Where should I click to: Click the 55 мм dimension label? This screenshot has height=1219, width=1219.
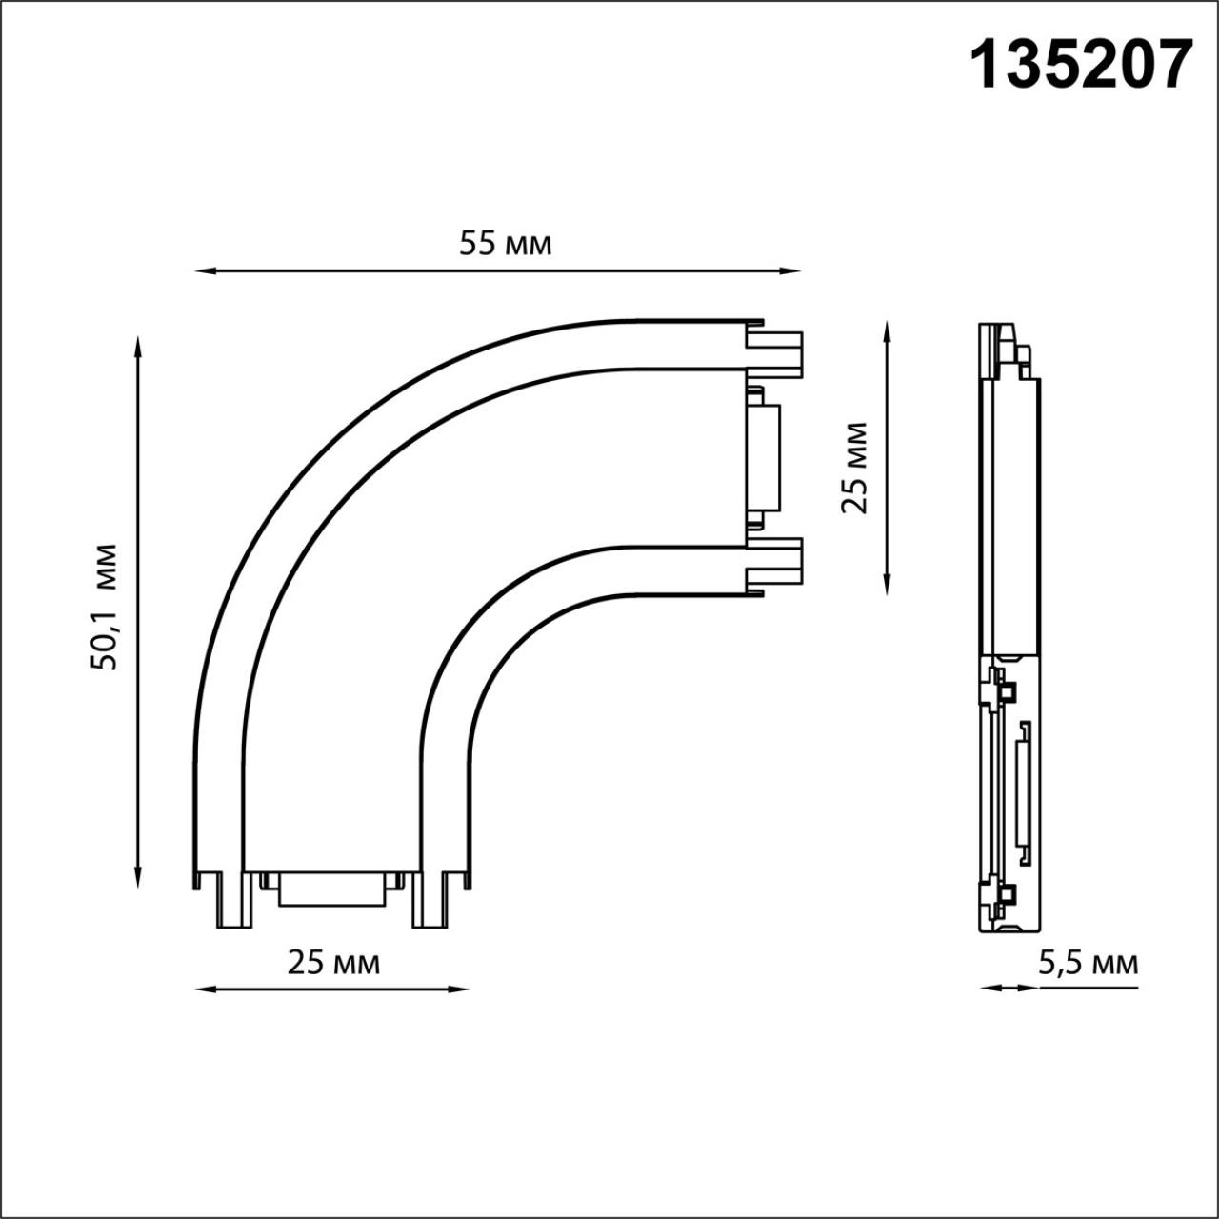coord(506,244)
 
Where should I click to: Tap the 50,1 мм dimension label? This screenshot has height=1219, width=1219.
coord(103,608)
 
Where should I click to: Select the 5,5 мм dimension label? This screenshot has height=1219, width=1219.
coord(1089,964)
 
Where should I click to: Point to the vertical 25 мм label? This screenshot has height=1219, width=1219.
coord(853,468)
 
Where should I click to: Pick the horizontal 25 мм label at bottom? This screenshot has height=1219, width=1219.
coord(333,964)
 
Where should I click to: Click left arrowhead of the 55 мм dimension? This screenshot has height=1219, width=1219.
coord(204,271)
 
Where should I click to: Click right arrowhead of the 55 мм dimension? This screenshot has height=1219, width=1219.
coord(792,271)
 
